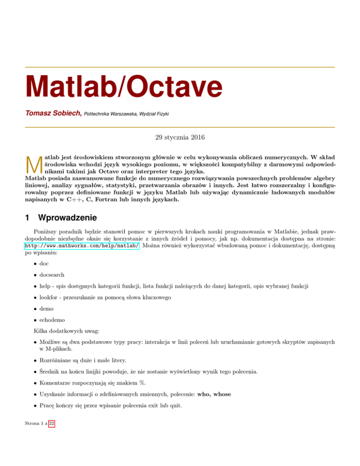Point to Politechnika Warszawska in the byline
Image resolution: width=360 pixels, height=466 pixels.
point(110,115)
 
